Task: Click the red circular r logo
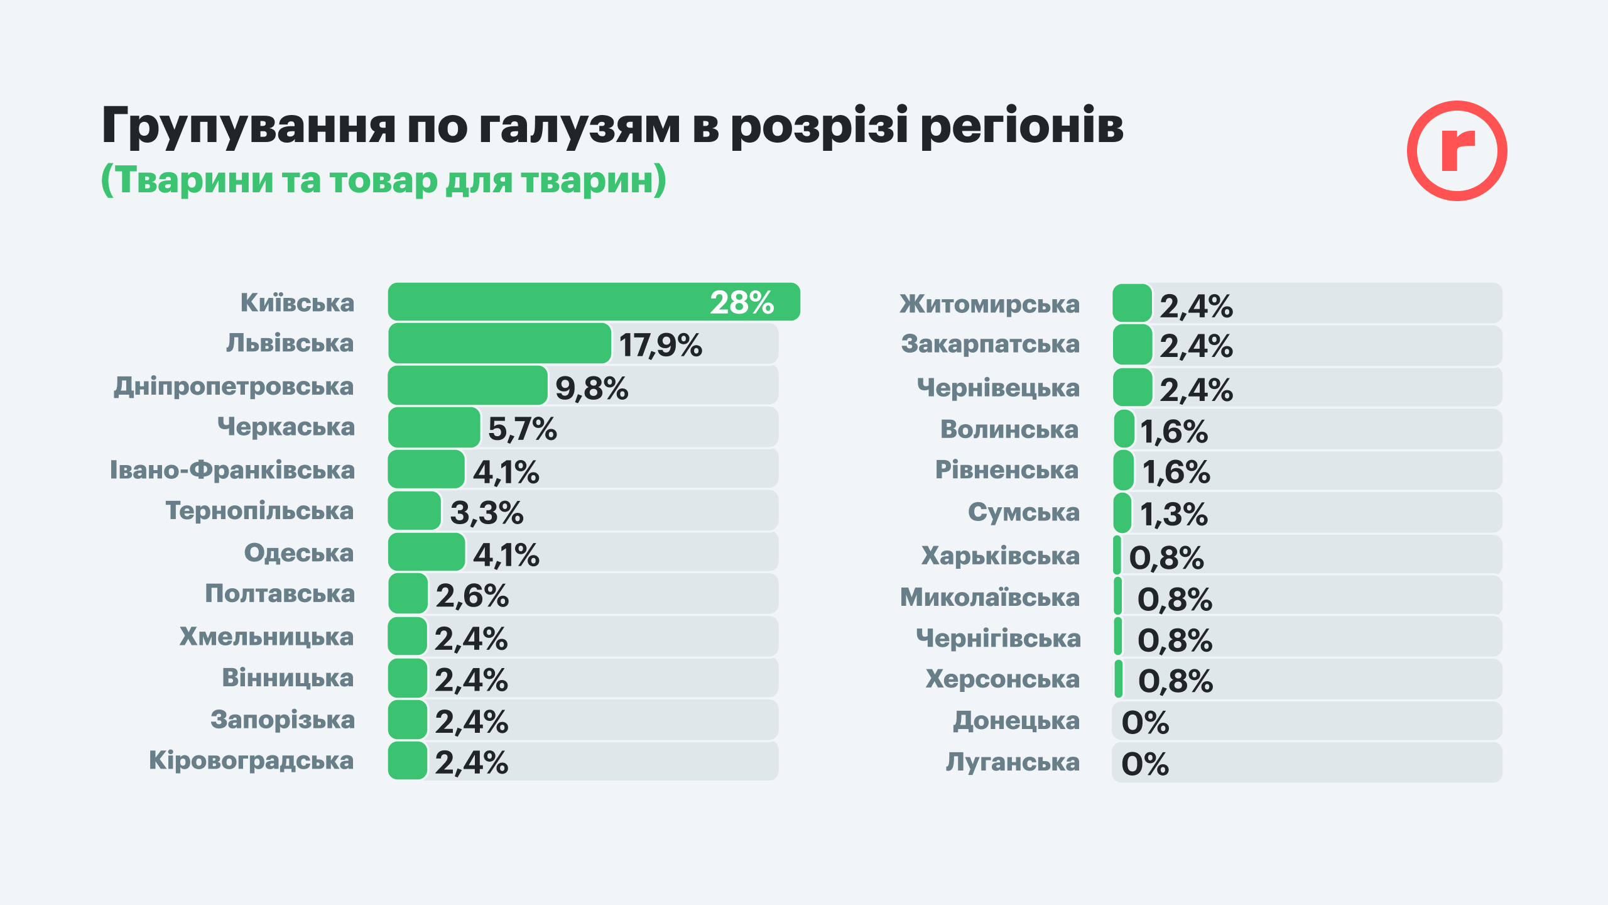(x=1457, y=151)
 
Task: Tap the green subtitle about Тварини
(x=383, y=180)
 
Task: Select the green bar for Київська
(x=546, y=302)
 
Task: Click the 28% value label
(x=742, y=302)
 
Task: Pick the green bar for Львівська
(x=499, y=343)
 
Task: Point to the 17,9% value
(x=660, y=345)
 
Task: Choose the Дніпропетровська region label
(x=234, y=386)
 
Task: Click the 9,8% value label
(x=592, y=388)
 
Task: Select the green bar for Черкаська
(x=434, y=427)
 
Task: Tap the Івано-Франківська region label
(x=232, y=470)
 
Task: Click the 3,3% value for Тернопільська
(x=487, y=512)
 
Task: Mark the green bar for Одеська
(x=426, y=552)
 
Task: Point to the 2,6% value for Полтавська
(x=472, y=596)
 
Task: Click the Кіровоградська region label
(x=251, y=760)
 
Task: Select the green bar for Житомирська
(x=1132, y=303)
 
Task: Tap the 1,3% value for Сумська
(x=1173, y=514)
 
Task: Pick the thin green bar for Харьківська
(x=1117, y=555)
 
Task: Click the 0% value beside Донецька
(x=1145, y=722)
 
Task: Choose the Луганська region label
(x=1013, y=762)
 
